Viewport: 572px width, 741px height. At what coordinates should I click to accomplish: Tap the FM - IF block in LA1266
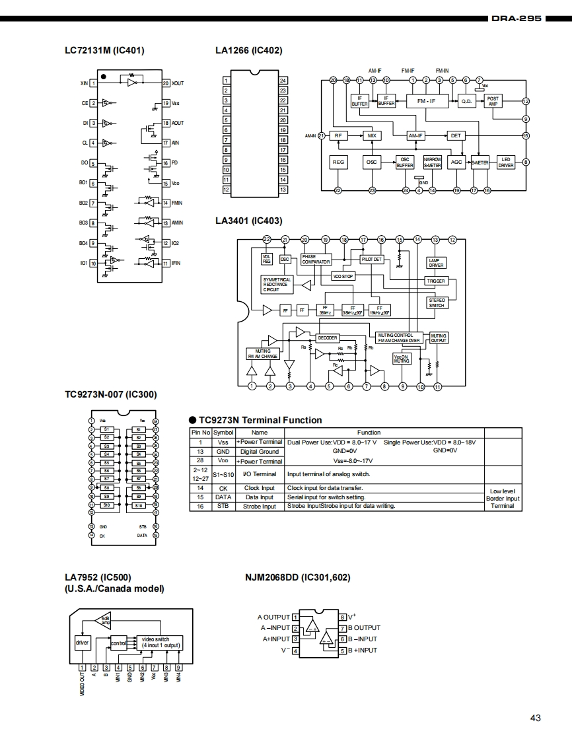point(425,100)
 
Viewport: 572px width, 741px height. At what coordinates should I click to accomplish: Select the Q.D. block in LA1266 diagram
point(466,101)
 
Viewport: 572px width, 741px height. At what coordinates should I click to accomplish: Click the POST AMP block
point(493,100)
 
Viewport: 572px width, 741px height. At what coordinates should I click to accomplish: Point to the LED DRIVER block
point(506,162)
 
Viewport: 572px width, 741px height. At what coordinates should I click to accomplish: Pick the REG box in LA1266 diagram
point(338,162)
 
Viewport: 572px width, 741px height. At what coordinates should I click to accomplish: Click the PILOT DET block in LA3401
point(372,260)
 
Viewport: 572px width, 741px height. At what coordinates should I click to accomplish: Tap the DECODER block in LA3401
point(328,337)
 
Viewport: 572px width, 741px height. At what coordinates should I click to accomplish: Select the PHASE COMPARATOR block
point(316,259)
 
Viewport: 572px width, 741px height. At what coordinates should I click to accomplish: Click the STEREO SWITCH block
point(437,302)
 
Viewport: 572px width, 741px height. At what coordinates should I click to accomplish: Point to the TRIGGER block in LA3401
point(436,281)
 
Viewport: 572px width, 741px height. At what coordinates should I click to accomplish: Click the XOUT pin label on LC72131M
point(178,84)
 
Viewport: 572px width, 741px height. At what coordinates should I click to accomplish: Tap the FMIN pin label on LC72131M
point(177,203)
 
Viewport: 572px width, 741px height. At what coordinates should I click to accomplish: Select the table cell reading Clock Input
point(260,488)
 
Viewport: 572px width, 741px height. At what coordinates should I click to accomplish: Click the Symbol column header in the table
point(223,433)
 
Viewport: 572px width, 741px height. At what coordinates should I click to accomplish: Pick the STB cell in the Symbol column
point(223,506)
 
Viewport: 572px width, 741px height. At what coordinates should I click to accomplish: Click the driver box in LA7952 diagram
point(82,641)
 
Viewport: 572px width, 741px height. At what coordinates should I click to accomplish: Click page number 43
point(535,718)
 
